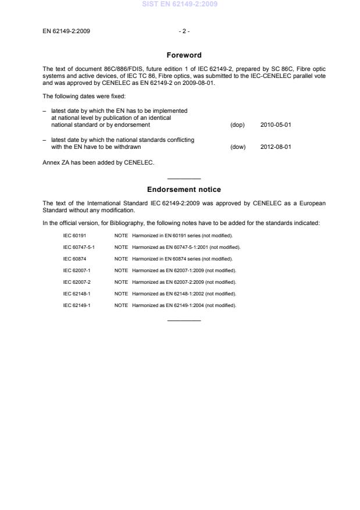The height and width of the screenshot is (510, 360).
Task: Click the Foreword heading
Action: point(184,55)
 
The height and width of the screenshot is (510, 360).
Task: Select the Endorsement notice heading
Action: point(184,190)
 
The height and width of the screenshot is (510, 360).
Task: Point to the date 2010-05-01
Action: point(276,125)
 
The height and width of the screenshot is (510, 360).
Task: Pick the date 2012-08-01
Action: point(276,147)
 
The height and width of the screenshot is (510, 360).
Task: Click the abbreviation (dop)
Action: point(237,125)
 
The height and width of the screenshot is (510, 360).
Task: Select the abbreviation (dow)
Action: point(238,147)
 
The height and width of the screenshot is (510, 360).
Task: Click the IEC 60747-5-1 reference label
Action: point(79,247)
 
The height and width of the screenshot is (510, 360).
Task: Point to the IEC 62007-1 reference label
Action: point(76,270)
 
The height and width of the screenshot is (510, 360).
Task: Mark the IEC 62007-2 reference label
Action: point(76,282)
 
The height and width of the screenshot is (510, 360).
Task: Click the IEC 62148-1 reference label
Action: point(76,294)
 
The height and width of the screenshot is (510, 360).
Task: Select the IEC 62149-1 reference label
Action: point(76,305)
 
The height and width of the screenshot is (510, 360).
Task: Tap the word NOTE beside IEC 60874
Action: point(121,259)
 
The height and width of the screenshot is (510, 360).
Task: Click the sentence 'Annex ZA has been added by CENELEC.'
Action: point(98,163)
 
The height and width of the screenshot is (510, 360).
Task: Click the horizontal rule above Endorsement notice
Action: point(184,179)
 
